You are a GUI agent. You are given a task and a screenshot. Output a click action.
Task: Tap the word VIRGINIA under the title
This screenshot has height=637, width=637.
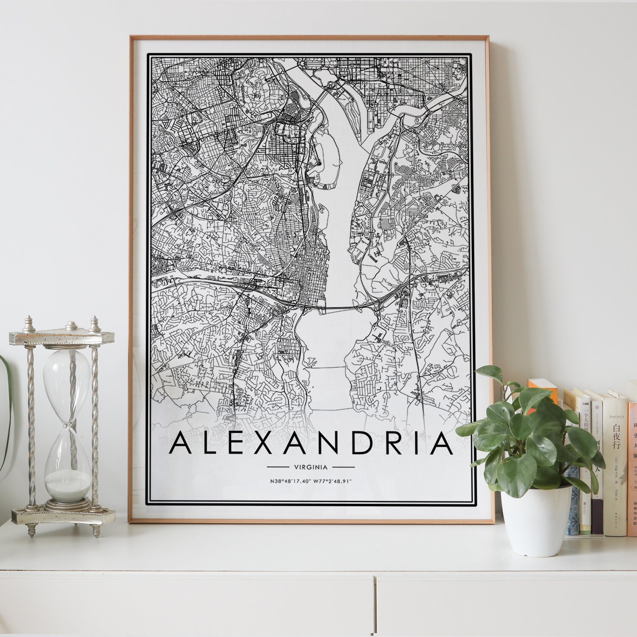[x=311, y=467]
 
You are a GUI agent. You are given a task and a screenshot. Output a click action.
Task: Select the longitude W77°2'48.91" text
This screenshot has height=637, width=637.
[x=333, y=481]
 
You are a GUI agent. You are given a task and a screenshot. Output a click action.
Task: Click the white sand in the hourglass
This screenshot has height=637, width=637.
[x=68, y=484]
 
